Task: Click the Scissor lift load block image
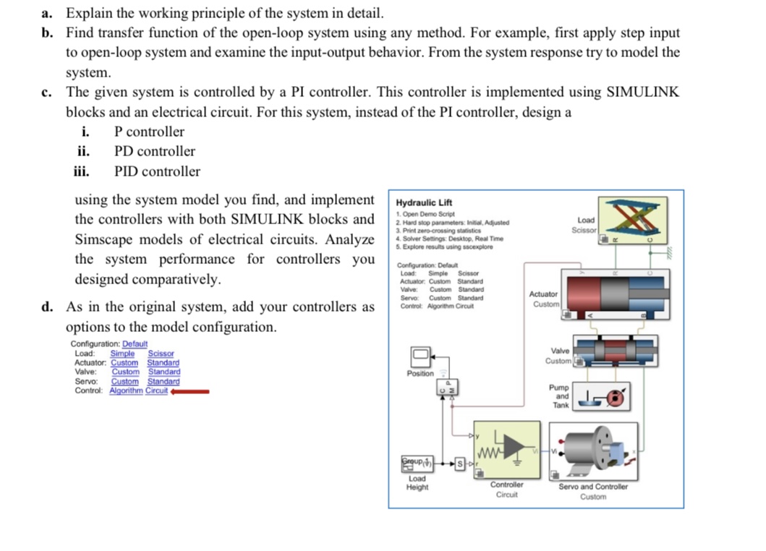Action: [x=634, y=218]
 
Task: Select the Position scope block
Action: [x=421, y=356]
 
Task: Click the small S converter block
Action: [x=459, y=462]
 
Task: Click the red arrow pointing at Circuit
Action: [x=190, y=391]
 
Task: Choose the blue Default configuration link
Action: [x=135, y=343]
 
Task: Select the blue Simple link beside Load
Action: [x=122, y=353]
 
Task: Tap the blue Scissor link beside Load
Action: [x=161, y=353]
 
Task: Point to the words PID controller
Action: [x=157, y=171]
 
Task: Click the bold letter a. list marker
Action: [x=48, y=13]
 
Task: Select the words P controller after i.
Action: [x=149, y=132]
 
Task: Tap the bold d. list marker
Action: [x=48, y=307]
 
